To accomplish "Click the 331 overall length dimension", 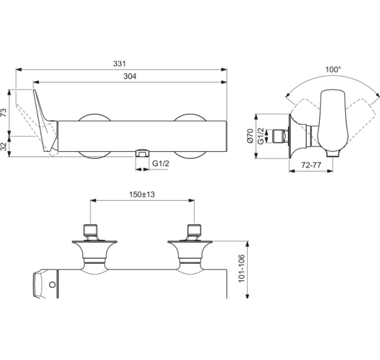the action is tap(119, 63).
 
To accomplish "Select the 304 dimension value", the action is tap(130, 77).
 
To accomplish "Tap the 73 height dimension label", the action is tap(4, 113).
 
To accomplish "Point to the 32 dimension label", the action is tap(4, 147).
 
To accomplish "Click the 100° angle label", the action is tap(333, 70).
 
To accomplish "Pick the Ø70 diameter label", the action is tap(250, 136).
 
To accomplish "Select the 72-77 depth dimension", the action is tap(311, 165).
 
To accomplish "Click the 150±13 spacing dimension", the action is tap(142, 194).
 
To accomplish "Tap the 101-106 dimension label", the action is tap(242, 268).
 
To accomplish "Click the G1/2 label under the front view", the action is tap(161, 164).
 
